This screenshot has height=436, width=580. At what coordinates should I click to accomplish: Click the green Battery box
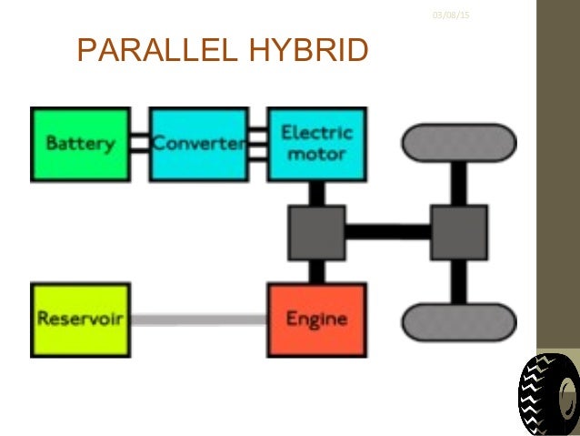(80, 145)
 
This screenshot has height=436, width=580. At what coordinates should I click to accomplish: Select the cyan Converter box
(198, 145)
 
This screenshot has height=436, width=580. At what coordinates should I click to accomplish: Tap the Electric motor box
(316, 145)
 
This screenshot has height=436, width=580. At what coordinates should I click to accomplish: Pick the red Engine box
(316, 319)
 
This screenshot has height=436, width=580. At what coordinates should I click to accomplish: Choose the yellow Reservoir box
(80, 319)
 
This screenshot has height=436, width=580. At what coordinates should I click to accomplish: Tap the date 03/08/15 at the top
(445, 15)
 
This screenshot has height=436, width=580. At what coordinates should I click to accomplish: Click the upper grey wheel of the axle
(459, 143)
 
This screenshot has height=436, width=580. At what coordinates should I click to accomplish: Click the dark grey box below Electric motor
(316, 232)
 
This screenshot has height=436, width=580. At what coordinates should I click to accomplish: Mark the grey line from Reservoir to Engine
(198, 319)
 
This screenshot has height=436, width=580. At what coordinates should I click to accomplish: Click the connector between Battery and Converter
(139, 144)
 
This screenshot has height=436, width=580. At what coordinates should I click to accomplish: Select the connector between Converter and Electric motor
(257, 145)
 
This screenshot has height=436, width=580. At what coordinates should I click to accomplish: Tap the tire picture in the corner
(548, 395)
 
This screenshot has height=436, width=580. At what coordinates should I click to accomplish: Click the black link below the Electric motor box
(316, 193)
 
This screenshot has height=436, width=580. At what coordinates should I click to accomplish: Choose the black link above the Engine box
(316, 271)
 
